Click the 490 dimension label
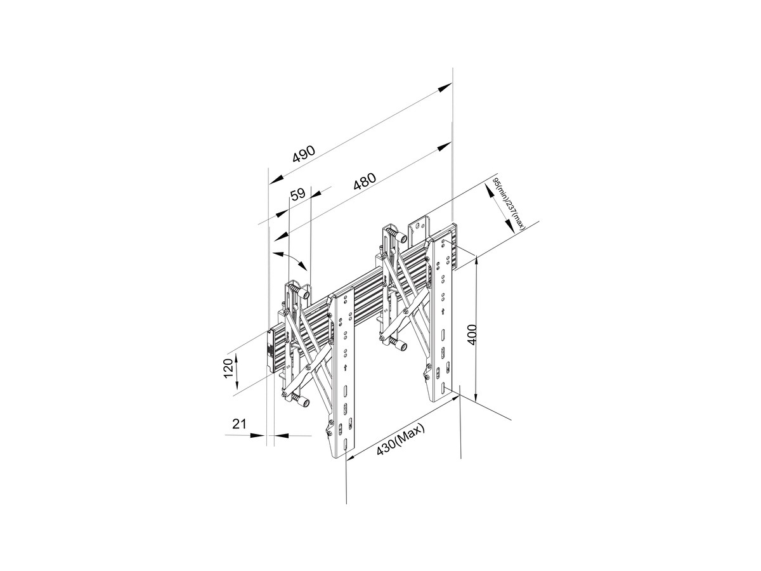[304, 154]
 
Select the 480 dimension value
[365, 181]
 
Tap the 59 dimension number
[298, 194]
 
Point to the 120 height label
[228, 369]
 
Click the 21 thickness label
[239, 424]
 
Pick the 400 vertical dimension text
[472, 334]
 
